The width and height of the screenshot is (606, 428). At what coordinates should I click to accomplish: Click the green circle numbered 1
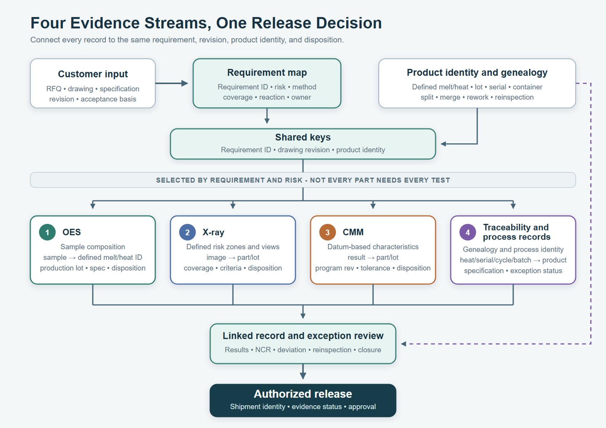point(47,232)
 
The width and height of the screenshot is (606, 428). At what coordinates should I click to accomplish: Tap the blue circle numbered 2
point(188,232)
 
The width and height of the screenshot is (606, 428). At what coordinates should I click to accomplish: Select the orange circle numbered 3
point(328,232)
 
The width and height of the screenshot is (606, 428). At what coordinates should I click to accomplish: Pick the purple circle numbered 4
point(468,232)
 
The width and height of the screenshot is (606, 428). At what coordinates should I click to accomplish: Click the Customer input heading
point(93,74)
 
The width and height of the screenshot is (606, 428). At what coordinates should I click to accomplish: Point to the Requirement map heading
point(267,72)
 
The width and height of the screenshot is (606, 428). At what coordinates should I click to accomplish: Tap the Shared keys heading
point(303,137)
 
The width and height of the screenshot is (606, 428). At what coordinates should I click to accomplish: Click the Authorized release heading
point(303,394)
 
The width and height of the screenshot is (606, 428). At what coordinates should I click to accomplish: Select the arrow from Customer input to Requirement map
point(172,83)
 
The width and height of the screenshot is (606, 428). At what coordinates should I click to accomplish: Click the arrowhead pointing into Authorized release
point(303,375)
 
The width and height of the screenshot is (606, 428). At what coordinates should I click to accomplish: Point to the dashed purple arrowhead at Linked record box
point(403,344)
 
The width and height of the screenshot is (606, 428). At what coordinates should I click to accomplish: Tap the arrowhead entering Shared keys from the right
point(444,144)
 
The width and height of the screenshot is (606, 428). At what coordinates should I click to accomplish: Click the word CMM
point(353,232)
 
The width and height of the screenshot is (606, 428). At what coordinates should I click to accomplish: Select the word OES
point(71,232)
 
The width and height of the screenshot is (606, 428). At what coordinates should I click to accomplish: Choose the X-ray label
point(214,232)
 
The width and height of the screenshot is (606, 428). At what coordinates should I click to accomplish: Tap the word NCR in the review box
point(263,350)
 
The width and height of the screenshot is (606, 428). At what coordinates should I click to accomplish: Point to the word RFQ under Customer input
point(54,89)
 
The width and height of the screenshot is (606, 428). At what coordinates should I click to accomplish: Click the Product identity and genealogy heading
point(477,72)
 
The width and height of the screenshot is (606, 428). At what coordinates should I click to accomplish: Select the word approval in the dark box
point(362,407)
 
